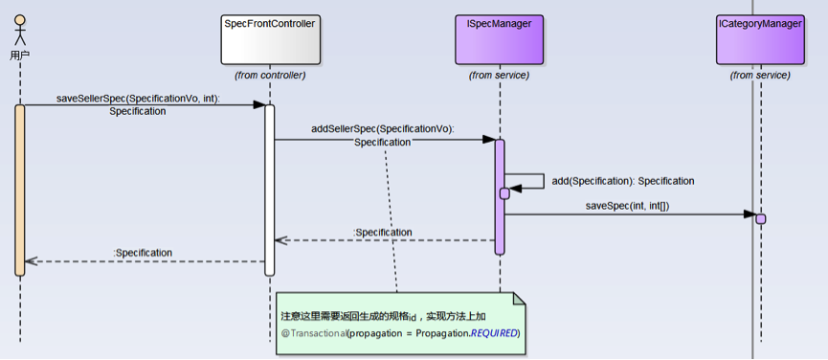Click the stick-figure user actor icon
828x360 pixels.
20,30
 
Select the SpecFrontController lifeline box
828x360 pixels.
270,39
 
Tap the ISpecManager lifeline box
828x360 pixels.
499,39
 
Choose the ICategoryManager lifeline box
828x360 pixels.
760,39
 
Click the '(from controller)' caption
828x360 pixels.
270,76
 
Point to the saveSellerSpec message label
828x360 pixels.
137,105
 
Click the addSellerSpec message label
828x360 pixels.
382,136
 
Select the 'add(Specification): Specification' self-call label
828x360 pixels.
623,181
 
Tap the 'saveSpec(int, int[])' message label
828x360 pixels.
627,206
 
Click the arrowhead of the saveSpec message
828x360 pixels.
750,214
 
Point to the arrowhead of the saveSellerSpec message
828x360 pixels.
258,104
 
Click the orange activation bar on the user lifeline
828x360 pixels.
20,190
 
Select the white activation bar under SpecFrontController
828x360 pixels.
269,190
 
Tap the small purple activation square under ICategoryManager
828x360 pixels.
760,218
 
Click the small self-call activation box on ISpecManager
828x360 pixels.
504,193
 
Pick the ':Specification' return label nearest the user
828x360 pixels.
143,253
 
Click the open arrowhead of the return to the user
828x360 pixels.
31,260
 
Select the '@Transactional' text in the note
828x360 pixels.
313,333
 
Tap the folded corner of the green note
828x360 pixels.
520,298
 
